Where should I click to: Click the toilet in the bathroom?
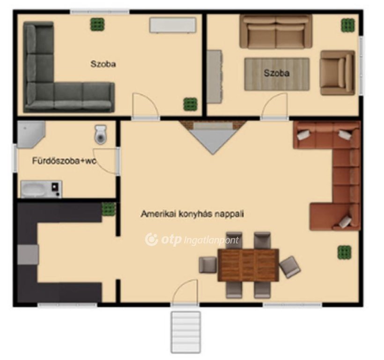[x=100, y=135]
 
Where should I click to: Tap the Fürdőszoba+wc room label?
[x=65, y=161]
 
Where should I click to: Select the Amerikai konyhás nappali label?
[x=192, y=214]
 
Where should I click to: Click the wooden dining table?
[x=248, y=265]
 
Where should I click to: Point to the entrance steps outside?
[x=186, y=332]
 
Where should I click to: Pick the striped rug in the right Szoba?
[x=277, y=74]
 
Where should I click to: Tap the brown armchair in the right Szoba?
[x=338, y=73]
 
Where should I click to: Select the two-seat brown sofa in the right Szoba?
[x=276, y=31]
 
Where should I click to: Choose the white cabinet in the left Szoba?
[x=173, y=25]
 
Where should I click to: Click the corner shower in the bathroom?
[x=30, y=135]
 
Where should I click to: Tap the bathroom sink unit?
[x=41, y=189]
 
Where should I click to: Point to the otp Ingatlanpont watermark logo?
[x=192, y=240]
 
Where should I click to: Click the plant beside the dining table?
[x=344, y=253]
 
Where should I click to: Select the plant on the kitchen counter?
[x=109, y=209]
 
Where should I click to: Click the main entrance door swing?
[x=185, y=292]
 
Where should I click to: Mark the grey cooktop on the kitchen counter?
[x=28, y=255]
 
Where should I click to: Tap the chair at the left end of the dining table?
[x=207, y=265]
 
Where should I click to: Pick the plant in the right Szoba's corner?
[x=348, y=25]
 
